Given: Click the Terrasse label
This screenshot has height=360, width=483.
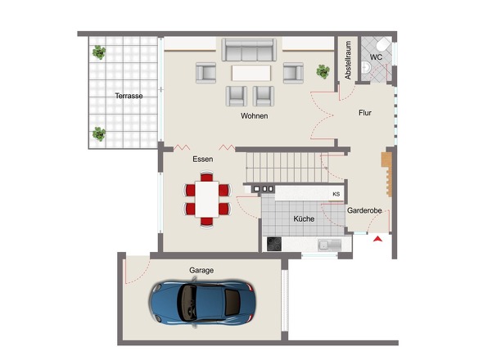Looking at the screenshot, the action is point(129,96).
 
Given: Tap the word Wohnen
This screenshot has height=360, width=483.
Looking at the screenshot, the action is point(254,116).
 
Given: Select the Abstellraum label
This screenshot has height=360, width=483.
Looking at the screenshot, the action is point(348,61).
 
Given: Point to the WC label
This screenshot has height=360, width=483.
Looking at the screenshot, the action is point(376,57).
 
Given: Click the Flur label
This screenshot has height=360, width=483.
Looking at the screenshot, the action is point(365,113).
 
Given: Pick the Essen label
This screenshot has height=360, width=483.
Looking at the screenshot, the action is point(203,160).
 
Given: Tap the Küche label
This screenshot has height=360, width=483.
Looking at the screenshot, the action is point(304,218).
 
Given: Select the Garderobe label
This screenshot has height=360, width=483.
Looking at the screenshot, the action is point(364,210).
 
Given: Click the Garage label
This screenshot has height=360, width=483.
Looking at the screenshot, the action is point(201,270).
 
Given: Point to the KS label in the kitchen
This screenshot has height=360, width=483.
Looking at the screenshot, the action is point(336,195).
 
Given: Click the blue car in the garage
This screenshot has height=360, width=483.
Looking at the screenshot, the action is point(202,303).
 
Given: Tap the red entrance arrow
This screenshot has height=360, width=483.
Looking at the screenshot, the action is point(377,239).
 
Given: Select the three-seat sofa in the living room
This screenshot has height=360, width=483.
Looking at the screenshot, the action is point(249,50).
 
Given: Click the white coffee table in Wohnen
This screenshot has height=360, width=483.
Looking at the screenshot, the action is point(251,73).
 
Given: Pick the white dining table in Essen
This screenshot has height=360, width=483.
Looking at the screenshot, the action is point(207,200).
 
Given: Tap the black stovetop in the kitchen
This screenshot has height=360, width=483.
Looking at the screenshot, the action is point(274,244).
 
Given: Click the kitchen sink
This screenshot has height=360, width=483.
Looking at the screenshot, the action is point(330,245).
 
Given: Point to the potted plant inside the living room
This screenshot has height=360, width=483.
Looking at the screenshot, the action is point(323,71).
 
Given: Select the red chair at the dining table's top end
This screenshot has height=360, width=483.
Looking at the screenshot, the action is point(206,177).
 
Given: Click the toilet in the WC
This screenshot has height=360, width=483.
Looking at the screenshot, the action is point(383,45).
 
